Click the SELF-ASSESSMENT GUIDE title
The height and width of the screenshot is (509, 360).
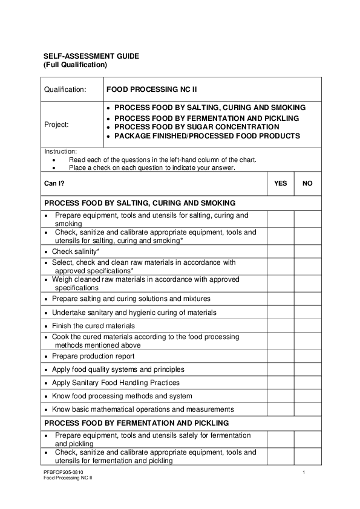(91, 56)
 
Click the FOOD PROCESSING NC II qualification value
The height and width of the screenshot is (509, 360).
(152, 89)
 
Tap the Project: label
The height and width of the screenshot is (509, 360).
(56, 125)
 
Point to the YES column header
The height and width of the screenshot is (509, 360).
(281, 183)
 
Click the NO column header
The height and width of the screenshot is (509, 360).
(307, 183)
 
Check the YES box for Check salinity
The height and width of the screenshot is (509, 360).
(281, 251)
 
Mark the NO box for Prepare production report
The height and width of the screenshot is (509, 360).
(307, 356)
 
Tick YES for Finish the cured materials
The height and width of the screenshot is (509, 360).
(281, 326)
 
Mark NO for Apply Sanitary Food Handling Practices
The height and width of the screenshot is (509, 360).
(307, 383)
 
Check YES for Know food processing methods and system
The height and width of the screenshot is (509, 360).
(281, 396)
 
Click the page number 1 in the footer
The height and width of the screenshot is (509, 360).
(304, 472)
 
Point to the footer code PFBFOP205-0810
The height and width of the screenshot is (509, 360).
(64, 472)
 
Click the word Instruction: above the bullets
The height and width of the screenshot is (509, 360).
(60, 151)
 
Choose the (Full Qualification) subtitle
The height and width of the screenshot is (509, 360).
(75, 64)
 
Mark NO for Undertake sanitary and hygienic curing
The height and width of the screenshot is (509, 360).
(307, 313)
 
